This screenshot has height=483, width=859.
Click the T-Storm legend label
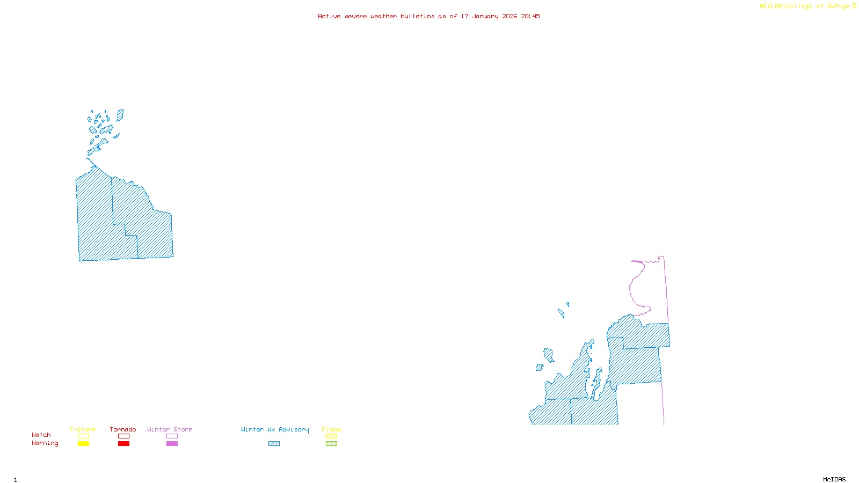83,429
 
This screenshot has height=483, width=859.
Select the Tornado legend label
123,429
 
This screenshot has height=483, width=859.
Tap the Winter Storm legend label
170,429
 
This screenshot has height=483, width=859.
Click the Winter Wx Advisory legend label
275,429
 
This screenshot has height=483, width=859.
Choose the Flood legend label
331,429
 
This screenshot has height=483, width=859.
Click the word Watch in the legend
41,435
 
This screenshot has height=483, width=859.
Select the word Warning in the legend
45,443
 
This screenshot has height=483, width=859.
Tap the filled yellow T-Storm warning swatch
83,444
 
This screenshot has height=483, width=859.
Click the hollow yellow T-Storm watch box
83,436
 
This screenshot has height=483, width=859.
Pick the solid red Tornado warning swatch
123,444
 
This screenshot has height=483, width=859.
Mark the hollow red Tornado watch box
123,436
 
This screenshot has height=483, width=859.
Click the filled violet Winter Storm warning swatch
172,444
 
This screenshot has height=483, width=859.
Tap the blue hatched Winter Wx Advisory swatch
274,444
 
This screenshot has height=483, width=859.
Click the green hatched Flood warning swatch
331,444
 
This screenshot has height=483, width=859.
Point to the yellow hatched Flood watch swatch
331,436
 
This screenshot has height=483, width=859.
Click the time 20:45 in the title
530,16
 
